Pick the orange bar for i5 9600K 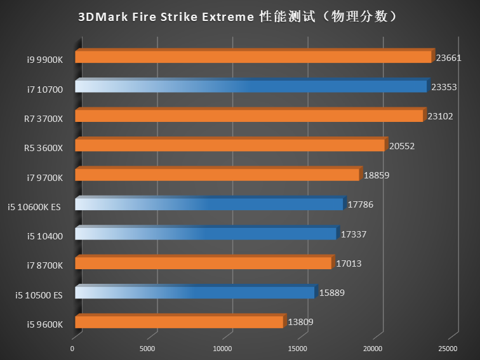(178, 323)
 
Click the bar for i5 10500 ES (194, 293)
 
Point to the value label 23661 (449, 58)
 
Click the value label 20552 (402, 146)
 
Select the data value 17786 (360, 204)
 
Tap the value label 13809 (300, 323)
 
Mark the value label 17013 (349, 263)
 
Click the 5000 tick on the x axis (147, 349)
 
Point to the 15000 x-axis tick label (298, 349)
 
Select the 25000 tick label (448, 349)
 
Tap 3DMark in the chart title (100, 17)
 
